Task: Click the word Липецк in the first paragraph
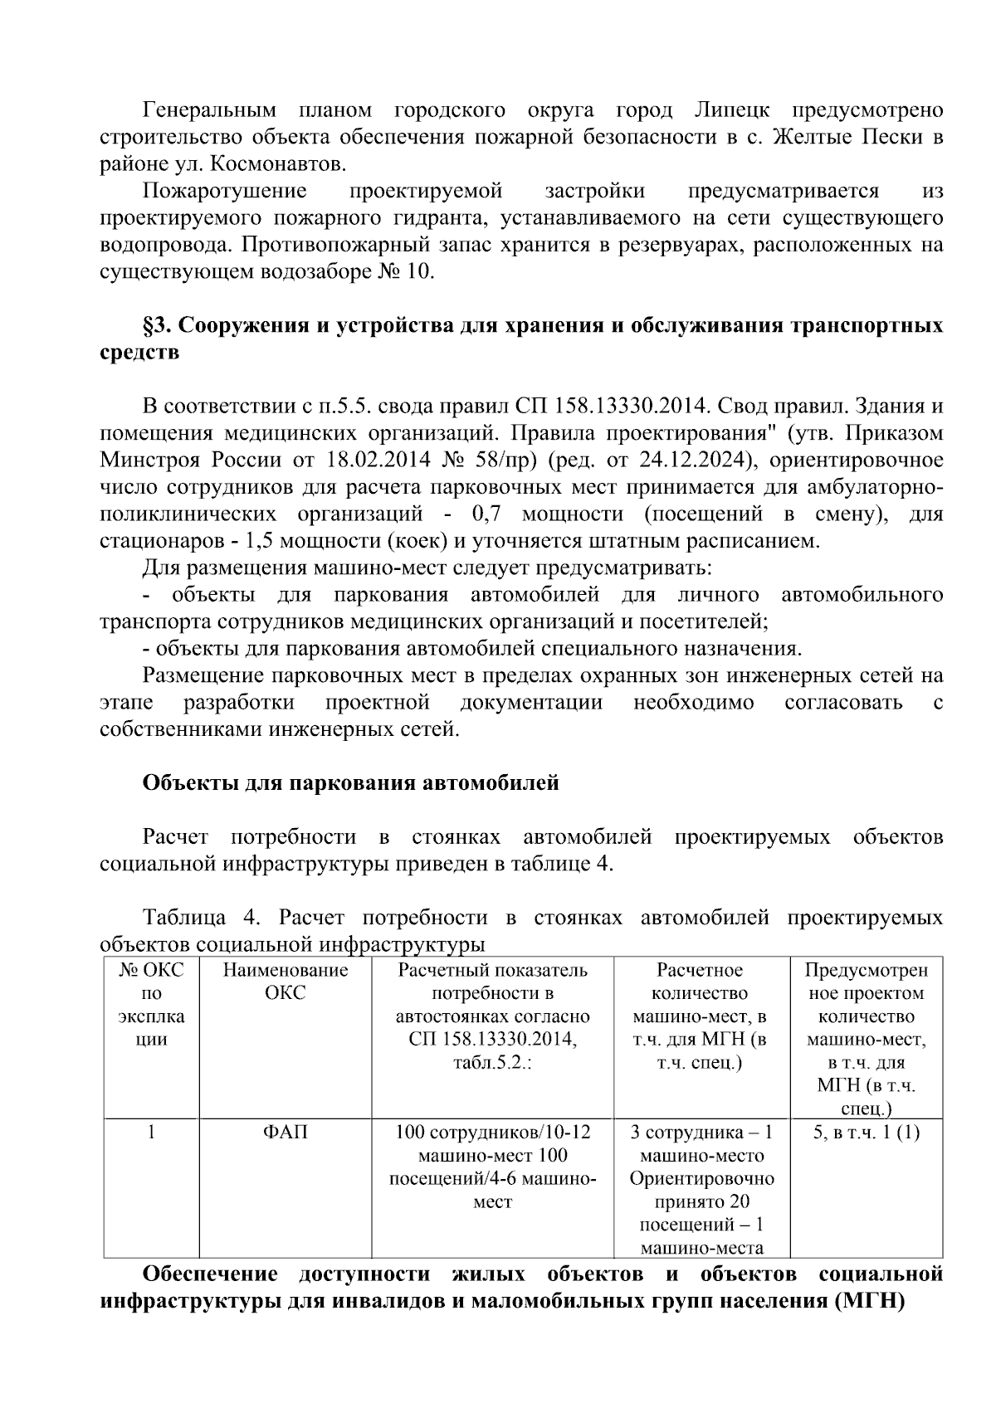(x=730, y=110)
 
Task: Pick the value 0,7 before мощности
(x=486, y=514)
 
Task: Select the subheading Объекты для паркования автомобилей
(x=350, y=782)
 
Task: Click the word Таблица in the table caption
(x=183, y=918)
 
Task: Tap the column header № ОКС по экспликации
(x=151, y=1004)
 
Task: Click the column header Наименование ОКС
(x=285, y=982)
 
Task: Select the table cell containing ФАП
(x=285, y=1133)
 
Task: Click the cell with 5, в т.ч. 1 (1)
(x=866, y=1133)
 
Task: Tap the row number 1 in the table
(x=151, y=1133)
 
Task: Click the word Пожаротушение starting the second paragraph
(x=224, y=192)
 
